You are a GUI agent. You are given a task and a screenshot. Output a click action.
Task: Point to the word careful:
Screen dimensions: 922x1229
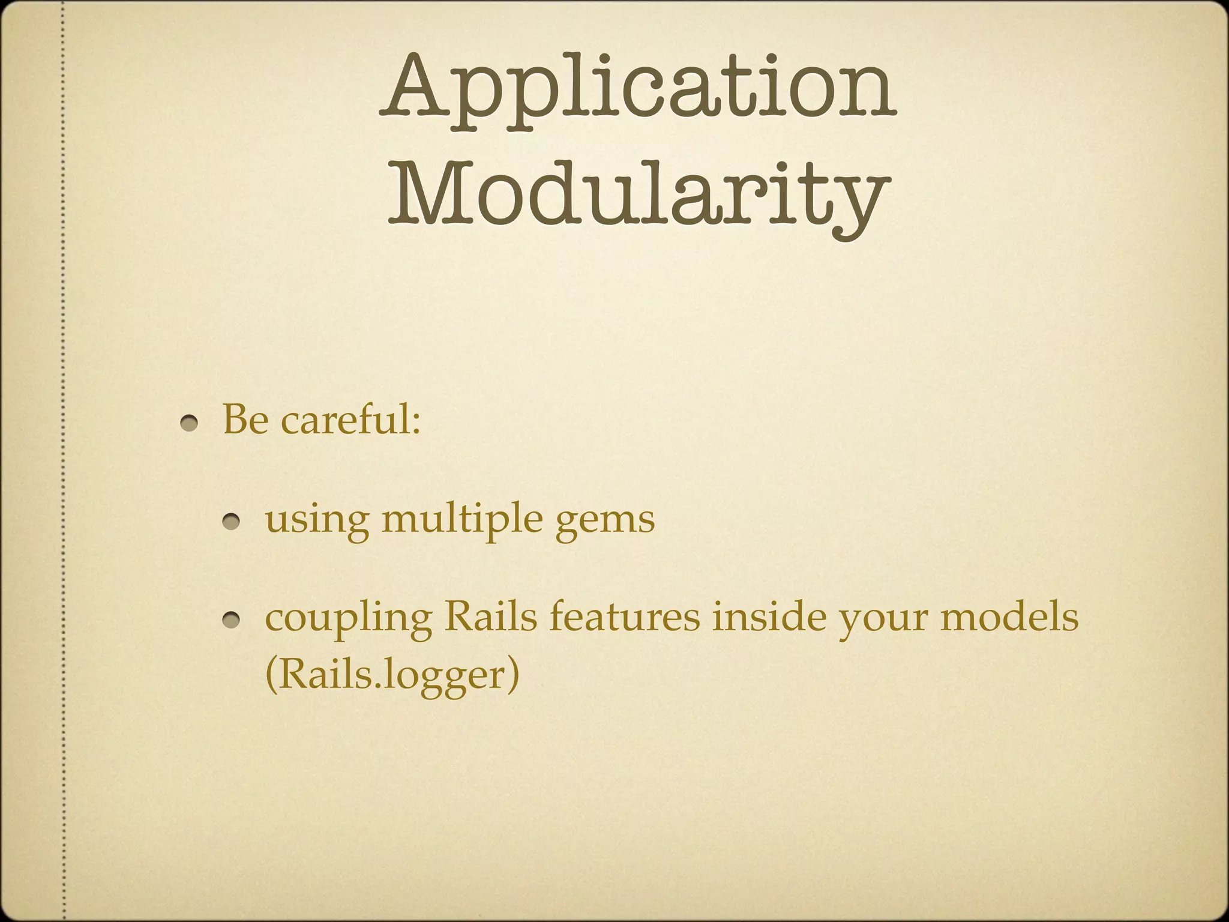pyautogui.click(x=350, y=420)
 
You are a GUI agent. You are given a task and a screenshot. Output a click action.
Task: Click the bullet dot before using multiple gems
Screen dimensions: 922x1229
pyautogui.click(x=232, y=523)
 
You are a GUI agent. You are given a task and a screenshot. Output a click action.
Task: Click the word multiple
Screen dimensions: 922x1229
pyautogui.click(x=462, y=520)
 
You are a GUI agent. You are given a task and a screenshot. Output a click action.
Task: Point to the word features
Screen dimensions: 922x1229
pyautogui.click(x=624, y=617)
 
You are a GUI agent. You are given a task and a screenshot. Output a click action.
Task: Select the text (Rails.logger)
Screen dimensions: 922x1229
pyautogui.click(x=391, y=676)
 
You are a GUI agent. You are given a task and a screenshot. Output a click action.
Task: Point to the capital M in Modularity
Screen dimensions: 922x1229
pyautogui.click(x=425, y=191)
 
